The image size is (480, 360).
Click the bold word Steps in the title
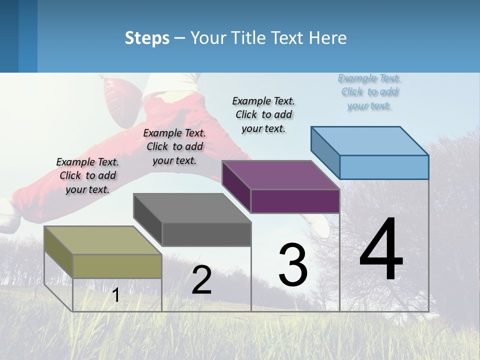[x=147, y=38]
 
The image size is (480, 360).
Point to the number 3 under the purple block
[x=293, y=265]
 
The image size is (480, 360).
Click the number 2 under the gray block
[x=201, y=280]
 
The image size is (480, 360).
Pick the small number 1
[x=116, y=295]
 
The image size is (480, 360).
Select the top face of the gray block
[x=191, y=207]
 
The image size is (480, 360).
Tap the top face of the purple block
[x=280, y=175]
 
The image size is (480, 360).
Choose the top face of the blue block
[x=369, y=141]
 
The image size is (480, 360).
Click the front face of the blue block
[x=384, y=167]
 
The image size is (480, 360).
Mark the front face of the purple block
[x=295, y=201]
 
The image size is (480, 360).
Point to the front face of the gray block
[x=206, y=234]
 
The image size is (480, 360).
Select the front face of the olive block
[x=117, y=266]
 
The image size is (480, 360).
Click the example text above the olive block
[x=87, y=175]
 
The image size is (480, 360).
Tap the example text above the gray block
[x=174, y=146]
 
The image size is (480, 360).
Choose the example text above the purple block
[x=263, y=114]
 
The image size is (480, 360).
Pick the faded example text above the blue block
[x=369, y=92]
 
